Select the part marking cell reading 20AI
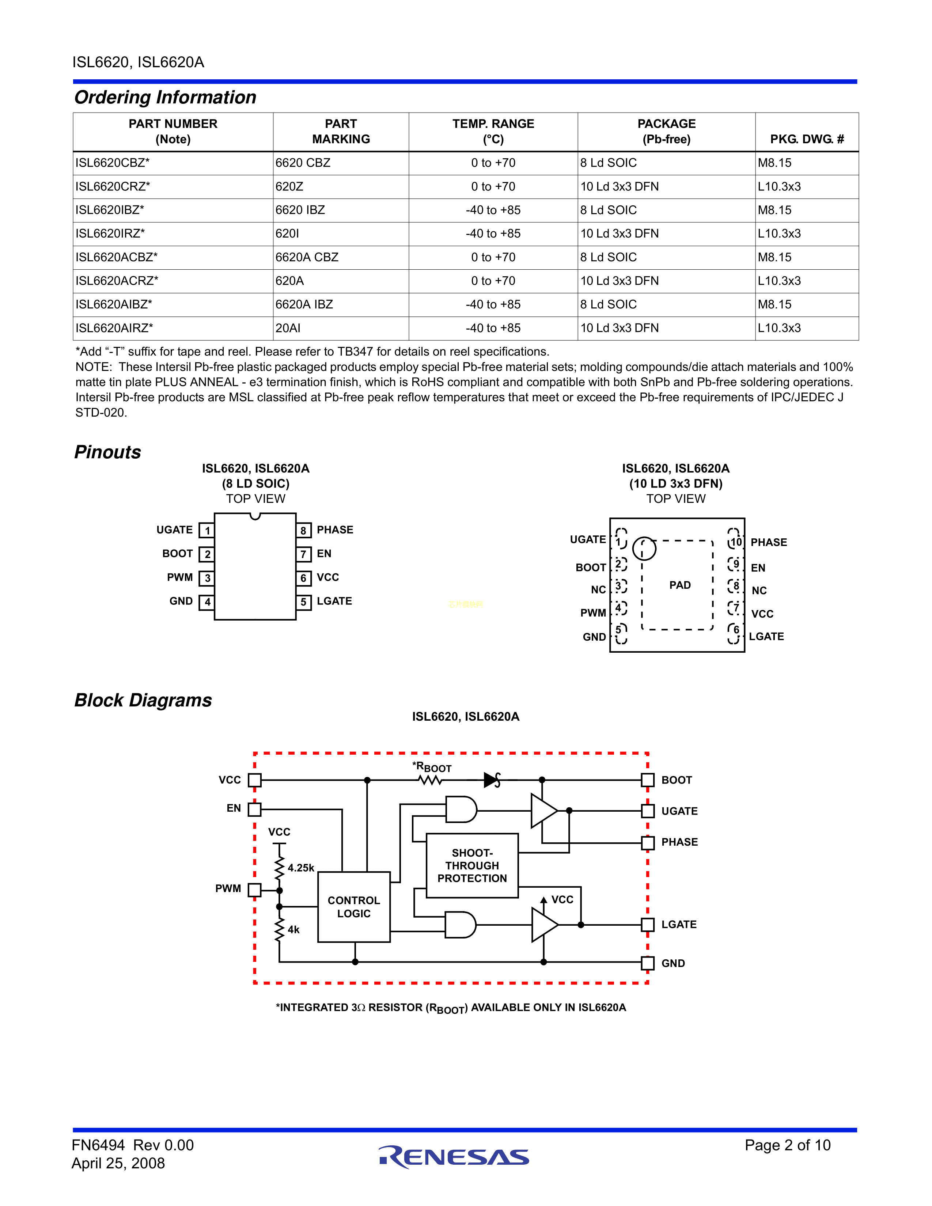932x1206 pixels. [x=288, y=328]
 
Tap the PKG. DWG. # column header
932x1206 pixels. [x=807, y=139]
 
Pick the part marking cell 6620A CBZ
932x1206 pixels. [x=307, y=257]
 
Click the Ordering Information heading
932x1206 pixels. [x=165, y=97]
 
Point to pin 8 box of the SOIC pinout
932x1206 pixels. [x=303, y=531]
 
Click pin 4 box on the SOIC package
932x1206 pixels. [x=207, y=602]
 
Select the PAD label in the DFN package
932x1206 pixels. [x=680, y=585]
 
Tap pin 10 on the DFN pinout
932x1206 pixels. [x=735, y=542]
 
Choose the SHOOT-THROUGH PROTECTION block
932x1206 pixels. [x=472, y=865]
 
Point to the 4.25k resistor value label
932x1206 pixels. [x=301, y=868]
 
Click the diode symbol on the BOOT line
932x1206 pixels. [x=491, y=780]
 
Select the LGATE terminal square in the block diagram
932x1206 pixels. [x=648, y=924]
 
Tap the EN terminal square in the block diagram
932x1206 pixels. [x=254, y=809]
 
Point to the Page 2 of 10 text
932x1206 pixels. [x=787, y=1145]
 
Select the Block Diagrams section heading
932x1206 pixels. [x=143, y=700]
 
